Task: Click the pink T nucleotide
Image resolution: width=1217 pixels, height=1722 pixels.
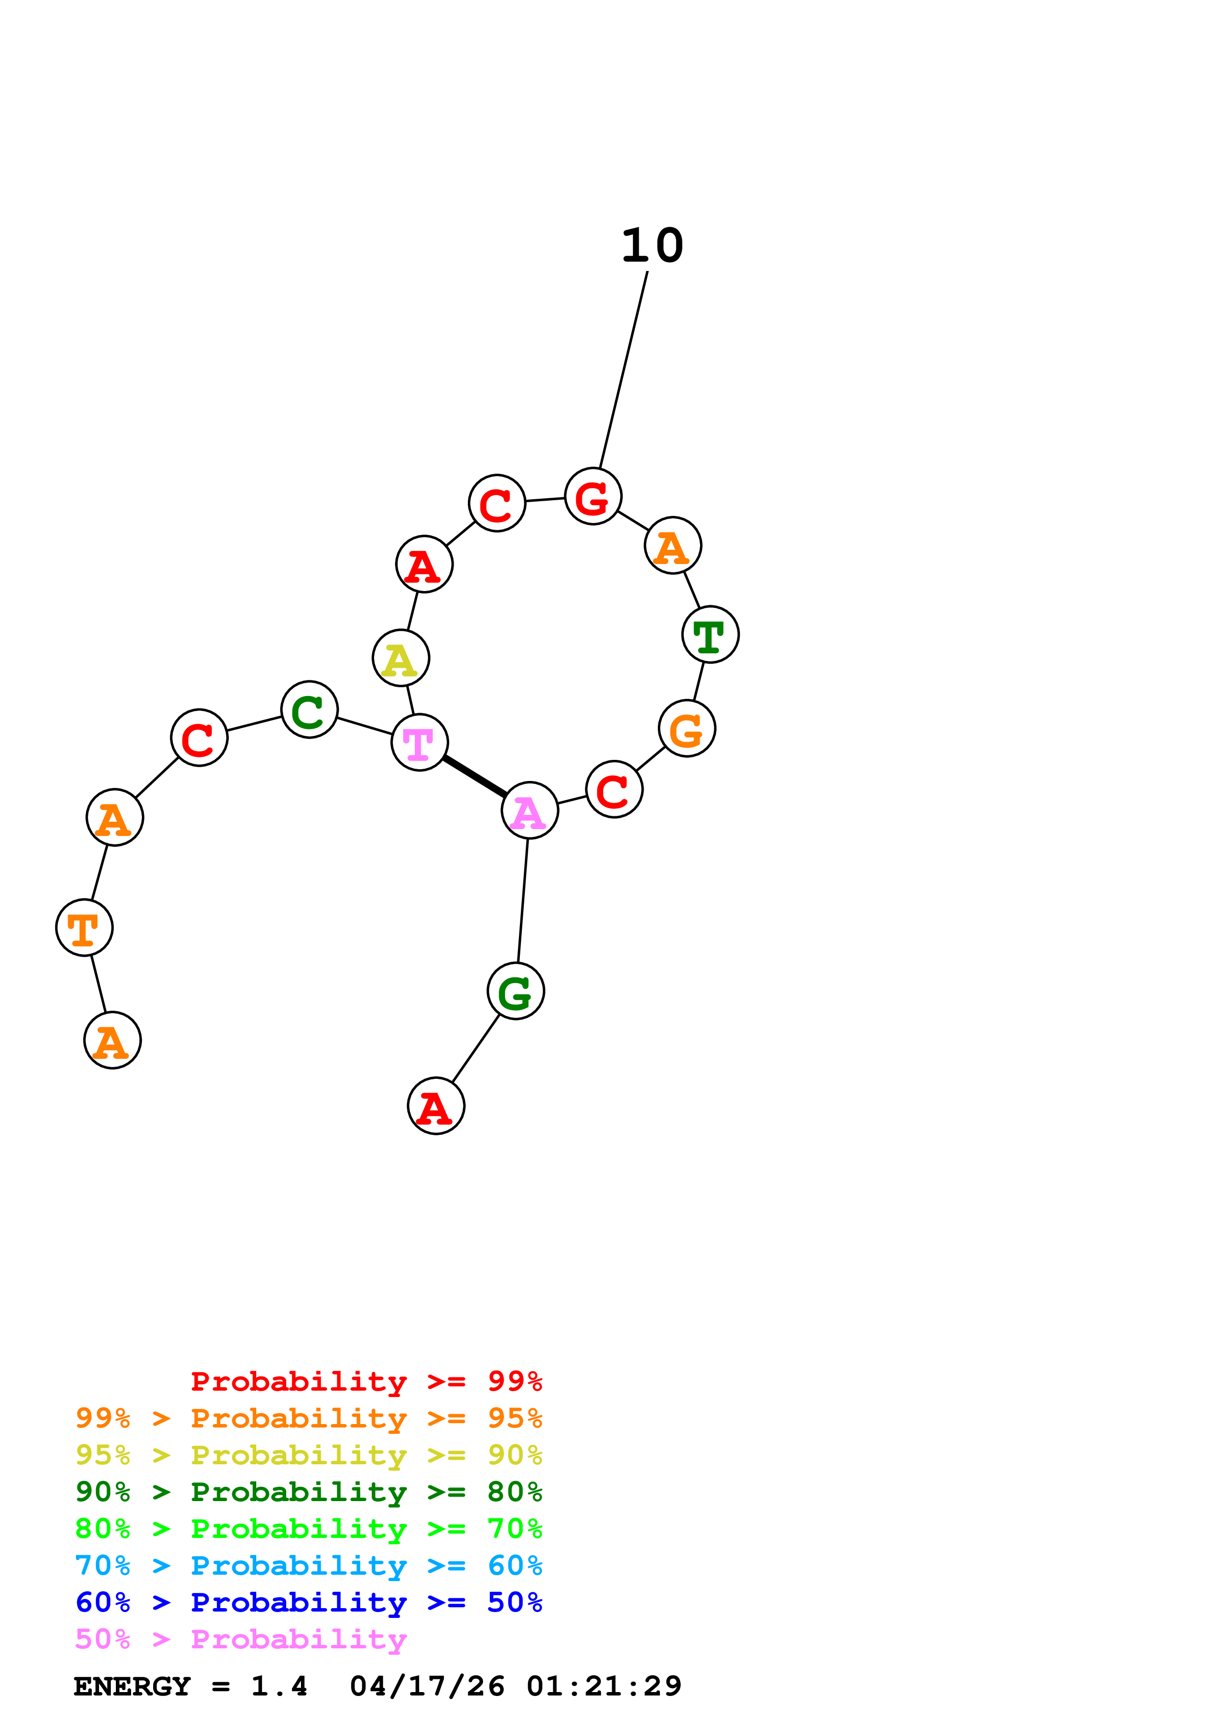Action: (419, 743)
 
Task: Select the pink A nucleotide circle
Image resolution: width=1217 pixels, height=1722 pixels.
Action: (529, 811)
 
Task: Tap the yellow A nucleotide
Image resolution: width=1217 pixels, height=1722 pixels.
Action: (401, 658)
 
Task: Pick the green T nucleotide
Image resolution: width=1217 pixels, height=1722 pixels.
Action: (710, 635)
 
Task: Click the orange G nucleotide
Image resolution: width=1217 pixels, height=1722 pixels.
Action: (687, 728)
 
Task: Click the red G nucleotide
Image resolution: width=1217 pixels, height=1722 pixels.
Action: (593, 496)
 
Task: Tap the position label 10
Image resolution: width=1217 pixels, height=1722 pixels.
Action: (652, 246)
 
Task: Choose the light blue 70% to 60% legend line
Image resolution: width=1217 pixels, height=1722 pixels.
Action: (308, 1565)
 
